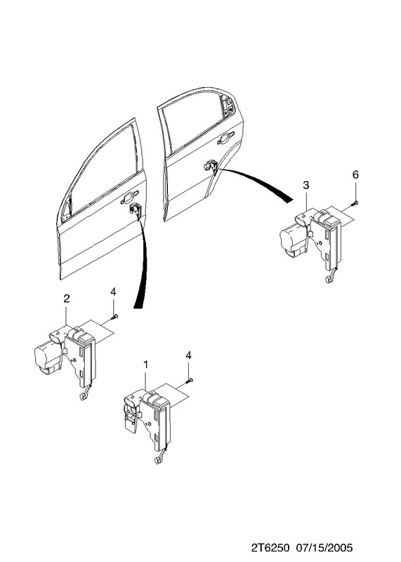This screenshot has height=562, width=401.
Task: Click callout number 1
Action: [x=145, y=365]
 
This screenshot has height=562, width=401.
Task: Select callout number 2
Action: [x=66, y=299]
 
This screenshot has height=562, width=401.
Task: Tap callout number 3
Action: [x=305, y=185]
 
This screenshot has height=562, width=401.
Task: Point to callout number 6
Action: [x=355, y=174]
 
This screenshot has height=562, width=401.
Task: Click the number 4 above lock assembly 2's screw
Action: [x=113, y=292]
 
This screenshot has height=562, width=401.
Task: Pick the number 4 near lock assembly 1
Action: [x=188, y=355]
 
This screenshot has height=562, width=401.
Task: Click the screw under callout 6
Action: [x=355, y=203]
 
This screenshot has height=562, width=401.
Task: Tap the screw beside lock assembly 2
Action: [x=114, y=317]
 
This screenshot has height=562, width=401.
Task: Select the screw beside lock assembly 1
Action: [x=190, y=381]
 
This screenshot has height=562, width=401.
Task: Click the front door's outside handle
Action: [x=129, y=197]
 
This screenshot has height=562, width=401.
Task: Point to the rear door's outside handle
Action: [x=225, y=138]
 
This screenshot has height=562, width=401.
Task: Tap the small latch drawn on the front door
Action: [x=136, y=208]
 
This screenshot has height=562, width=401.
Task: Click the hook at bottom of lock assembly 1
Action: [x=158, y=460]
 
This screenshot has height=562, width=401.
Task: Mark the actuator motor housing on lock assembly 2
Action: [x=46, y=357]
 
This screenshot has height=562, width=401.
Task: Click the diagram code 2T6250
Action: [x=270, y=549]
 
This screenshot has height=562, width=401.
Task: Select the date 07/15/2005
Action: [x=324, y=549]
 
